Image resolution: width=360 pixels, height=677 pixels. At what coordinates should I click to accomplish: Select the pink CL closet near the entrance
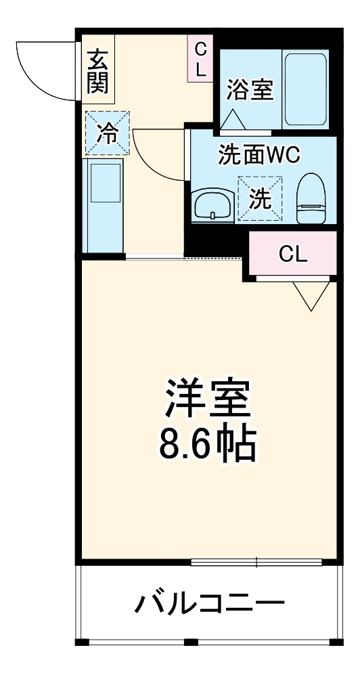tap(200, 58)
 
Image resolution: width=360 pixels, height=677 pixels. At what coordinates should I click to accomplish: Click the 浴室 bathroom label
tap(250, 90)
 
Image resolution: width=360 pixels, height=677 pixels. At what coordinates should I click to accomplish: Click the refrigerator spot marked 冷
tap(106, 133)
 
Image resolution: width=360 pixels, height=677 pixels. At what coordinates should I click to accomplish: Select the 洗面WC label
tap(258, 155)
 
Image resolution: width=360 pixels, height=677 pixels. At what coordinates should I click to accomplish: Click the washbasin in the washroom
tap(213, 204)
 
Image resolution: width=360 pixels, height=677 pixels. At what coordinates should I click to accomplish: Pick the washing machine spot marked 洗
tap(260, 198)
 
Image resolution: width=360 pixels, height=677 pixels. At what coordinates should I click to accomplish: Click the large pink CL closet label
tap(293, 254)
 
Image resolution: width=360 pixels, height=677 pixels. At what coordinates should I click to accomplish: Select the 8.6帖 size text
tap(206, 445)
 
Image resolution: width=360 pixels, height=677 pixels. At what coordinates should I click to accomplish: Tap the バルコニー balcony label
tap(208, 602)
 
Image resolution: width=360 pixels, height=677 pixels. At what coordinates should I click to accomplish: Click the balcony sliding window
tap(257, 561)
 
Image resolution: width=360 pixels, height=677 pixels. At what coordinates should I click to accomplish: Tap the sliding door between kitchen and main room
tap(183, 257)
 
